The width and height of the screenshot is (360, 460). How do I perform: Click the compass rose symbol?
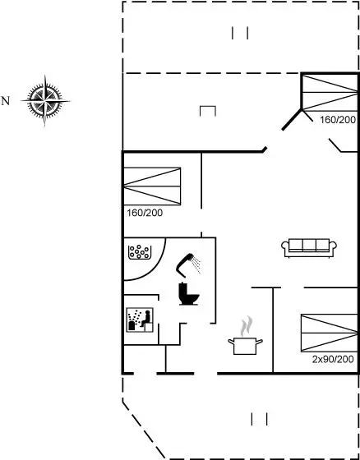[x=45, y=100]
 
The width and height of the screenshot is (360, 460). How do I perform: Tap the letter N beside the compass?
[x=6, y=101]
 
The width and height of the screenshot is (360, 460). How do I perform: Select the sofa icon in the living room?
[x=309, y=248]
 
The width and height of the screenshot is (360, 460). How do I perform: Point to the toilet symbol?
[x=189, y=294]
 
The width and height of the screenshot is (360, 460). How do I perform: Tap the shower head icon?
[x=188, y=264]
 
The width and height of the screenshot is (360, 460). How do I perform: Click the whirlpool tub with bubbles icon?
[x=140, y=252]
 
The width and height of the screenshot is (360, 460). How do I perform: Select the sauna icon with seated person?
[x=140, y=320]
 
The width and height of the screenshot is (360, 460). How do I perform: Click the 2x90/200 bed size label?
[x=333, y=360]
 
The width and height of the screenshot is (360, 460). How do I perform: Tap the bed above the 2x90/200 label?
[x=329, y=333]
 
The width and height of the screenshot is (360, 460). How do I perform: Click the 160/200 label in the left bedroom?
[x=145, y=213]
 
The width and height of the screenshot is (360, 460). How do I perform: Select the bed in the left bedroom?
[x=152, y=186]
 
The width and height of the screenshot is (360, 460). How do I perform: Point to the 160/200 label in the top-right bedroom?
[x=338, y=120]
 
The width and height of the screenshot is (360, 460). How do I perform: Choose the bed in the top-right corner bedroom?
[x=330, y=93]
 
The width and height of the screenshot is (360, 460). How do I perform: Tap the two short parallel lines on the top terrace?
[x=240, y=33]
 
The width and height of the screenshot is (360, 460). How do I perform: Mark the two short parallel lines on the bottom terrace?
[x=259, y=419]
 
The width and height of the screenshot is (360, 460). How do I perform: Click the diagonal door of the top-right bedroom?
[x=292, y=120]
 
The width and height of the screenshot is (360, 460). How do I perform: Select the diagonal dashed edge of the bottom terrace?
[x=144, y=429]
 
